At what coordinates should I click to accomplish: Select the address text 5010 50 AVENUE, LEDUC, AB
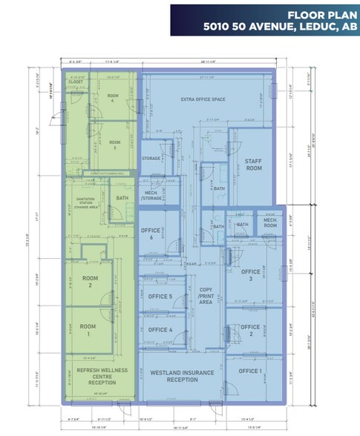pos(281,26)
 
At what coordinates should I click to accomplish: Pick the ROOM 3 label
pos(113,147)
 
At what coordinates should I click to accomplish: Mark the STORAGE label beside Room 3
pos(151,159)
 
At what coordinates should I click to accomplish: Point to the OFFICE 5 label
pos(160,297)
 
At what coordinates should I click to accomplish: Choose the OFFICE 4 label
pos(160,329)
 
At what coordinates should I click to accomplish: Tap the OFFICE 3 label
pos(251,275)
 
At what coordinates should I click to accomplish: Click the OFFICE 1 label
pos(249,371)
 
